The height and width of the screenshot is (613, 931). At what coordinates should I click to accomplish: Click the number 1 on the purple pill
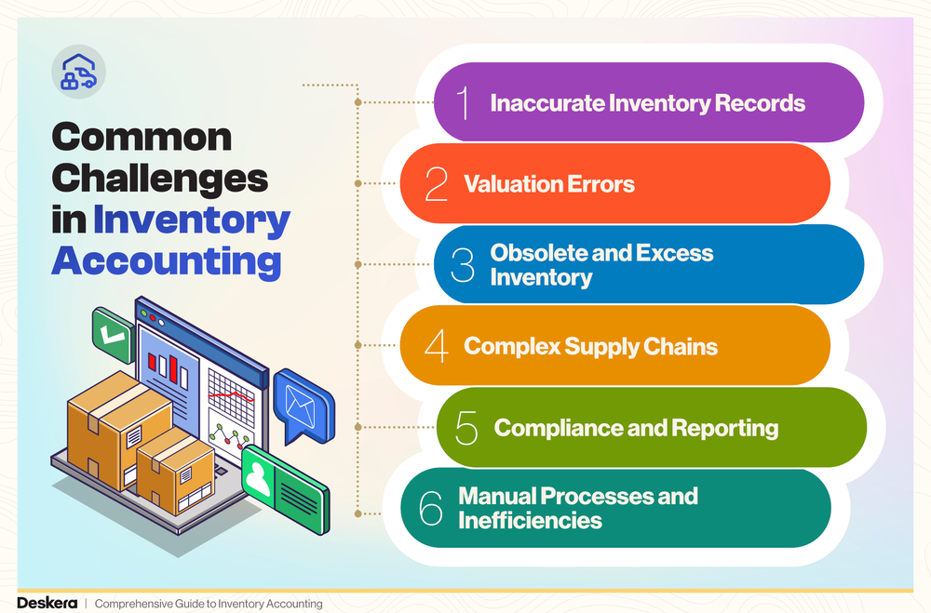(x=464, y=103)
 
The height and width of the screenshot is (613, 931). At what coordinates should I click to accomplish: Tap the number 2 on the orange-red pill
(x=436, y=184)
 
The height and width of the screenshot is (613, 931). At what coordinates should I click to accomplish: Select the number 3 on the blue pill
(x=462, y=265)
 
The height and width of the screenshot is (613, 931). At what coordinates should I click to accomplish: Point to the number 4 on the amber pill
(x=436, y=347)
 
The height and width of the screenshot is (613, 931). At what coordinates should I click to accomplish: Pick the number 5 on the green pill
(x=466, y=428)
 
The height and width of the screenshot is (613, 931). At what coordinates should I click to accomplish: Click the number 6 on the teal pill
(x=431, y=509)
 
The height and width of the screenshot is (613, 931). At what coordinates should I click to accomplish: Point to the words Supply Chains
(x=642, y=347)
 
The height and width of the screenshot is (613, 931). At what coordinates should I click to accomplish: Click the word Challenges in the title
(x=160, y=179)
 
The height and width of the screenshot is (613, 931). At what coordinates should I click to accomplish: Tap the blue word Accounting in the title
(x=167, y=261)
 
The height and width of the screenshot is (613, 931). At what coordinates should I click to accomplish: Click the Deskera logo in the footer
(x=46, y=604)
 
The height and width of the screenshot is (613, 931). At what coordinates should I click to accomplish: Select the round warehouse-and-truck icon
(x=78, y=72)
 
